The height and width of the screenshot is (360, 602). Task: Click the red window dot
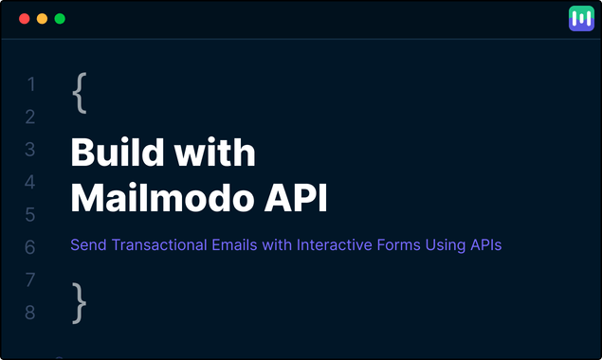point(25,19)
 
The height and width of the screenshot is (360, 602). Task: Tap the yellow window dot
point(42,19)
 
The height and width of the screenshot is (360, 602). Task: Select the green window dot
point(60,19)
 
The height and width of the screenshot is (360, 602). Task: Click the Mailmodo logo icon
point(580,19)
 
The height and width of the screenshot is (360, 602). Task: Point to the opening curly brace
point(80,93)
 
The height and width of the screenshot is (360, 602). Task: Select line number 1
point(30,85)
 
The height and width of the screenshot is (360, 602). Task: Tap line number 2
point(30,117)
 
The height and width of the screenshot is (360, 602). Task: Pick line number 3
point(30,150)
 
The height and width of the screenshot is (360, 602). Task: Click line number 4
point(30,182)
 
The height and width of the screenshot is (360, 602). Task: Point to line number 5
point(30,215)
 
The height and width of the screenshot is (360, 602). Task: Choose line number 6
point(30,247)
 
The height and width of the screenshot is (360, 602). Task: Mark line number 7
point(30,279)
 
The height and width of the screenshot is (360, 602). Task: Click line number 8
point(30,312)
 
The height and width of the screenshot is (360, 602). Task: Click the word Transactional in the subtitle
point(157,245)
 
